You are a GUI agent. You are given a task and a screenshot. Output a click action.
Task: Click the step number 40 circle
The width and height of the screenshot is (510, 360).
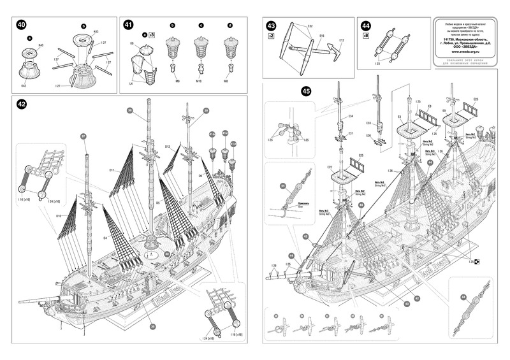click(22, 25)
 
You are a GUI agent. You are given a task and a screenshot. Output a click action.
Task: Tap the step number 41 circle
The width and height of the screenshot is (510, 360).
click(128, 25)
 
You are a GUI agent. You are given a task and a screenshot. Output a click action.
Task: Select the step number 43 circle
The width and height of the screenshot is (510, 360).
click(272, 26)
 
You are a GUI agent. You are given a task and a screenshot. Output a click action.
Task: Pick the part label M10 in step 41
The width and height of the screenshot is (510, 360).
click(200, 81)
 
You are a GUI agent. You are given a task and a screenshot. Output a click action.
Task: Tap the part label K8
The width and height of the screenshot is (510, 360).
click(133, 43)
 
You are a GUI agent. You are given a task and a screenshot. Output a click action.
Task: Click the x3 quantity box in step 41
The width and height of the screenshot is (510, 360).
click(151, 34)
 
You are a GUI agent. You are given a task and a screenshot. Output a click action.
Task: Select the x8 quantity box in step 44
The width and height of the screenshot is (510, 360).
click(365, 36)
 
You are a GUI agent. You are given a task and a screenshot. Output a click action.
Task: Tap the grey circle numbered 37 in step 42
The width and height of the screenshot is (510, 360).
click(83, 136)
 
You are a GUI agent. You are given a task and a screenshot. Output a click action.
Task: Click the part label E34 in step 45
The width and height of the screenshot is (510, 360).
click(350, 117)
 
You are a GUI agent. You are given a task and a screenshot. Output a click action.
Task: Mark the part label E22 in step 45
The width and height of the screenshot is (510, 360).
click(330, 167)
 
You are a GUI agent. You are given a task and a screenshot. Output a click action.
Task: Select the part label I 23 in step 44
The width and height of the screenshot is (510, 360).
click(377, 64)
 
